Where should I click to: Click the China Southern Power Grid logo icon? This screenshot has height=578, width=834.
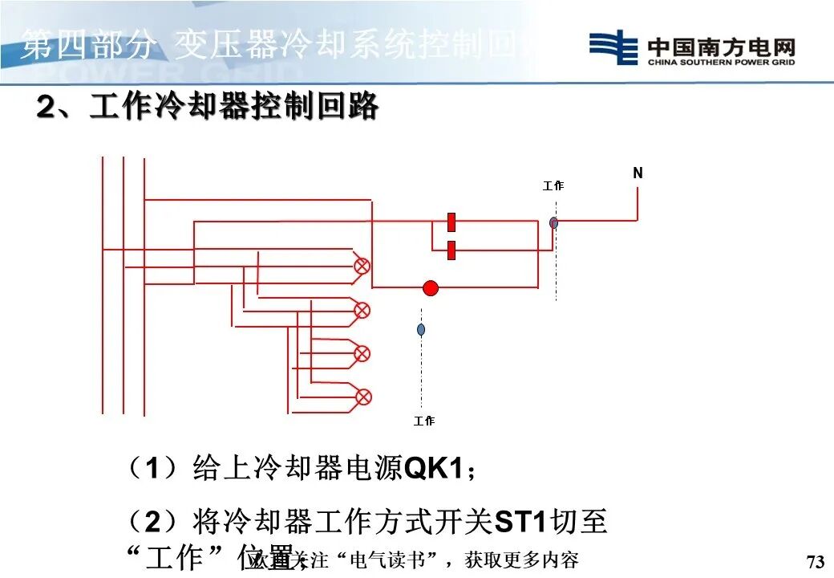tap(613, 47)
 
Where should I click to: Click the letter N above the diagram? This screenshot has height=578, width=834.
tap(638, 173)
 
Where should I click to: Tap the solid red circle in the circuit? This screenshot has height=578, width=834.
tap(431, 288)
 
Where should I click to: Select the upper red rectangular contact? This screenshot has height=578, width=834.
tap(451, 222)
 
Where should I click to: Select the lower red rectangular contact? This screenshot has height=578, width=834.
tap(451, 250)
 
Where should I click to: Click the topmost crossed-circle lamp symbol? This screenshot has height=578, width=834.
tap(362, 266)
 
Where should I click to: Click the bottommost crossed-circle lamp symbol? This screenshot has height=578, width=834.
tap(363, 396)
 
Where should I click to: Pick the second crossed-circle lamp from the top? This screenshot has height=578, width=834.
tap(362, 310)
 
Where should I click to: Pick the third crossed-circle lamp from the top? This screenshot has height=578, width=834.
tap(362, 353)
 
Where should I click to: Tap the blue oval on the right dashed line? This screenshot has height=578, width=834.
tap(553, 222)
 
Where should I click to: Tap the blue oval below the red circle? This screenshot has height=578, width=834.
tap(421, 329)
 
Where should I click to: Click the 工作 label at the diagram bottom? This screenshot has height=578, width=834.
tap(424, 421)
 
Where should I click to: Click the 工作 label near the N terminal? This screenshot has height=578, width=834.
tap(553, 185)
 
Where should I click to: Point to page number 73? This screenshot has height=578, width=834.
tap(815, 561)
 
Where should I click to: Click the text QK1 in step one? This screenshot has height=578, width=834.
tap(434, 468)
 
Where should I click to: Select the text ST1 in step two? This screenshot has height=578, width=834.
tap(520, 523)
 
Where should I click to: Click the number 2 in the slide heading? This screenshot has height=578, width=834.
tap(47, 107)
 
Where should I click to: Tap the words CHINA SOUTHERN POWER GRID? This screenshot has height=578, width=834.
tap(721, 62)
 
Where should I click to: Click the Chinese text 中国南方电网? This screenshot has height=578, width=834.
tap(721, 45)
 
